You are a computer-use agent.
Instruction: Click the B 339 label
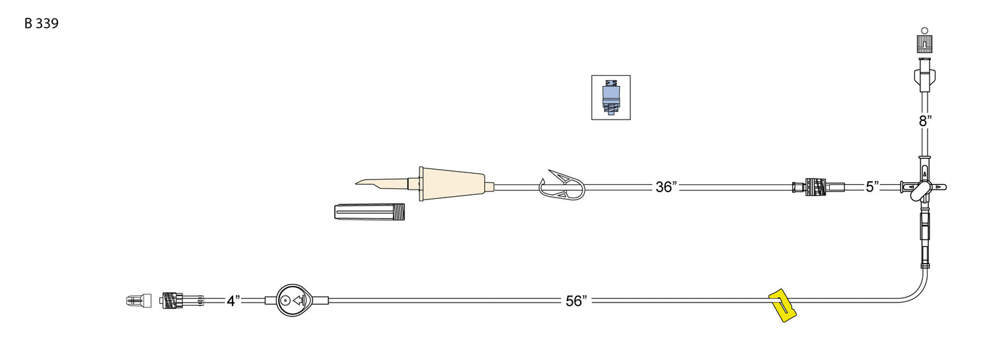tap(41, 23)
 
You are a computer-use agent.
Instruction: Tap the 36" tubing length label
tap(666, 187)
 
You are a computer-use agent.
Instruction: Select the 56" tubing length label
tap(576, 301)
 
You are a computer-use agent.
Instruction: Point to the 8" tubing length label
tap(925, 121)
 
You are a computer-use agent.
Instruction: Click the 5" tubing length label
tap(872, 187)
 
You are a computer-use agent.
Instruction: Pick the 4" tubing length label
tap(233, 301)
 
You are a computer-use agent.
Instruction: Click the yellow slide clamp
tap(782, 305)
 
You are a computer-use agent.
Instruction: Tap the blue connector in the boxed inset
tap(611, 98)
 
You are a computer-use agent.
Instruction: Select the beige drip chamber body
tap(452, 184)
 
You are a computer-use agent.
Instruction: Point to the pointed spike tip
tap(356, 182)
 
